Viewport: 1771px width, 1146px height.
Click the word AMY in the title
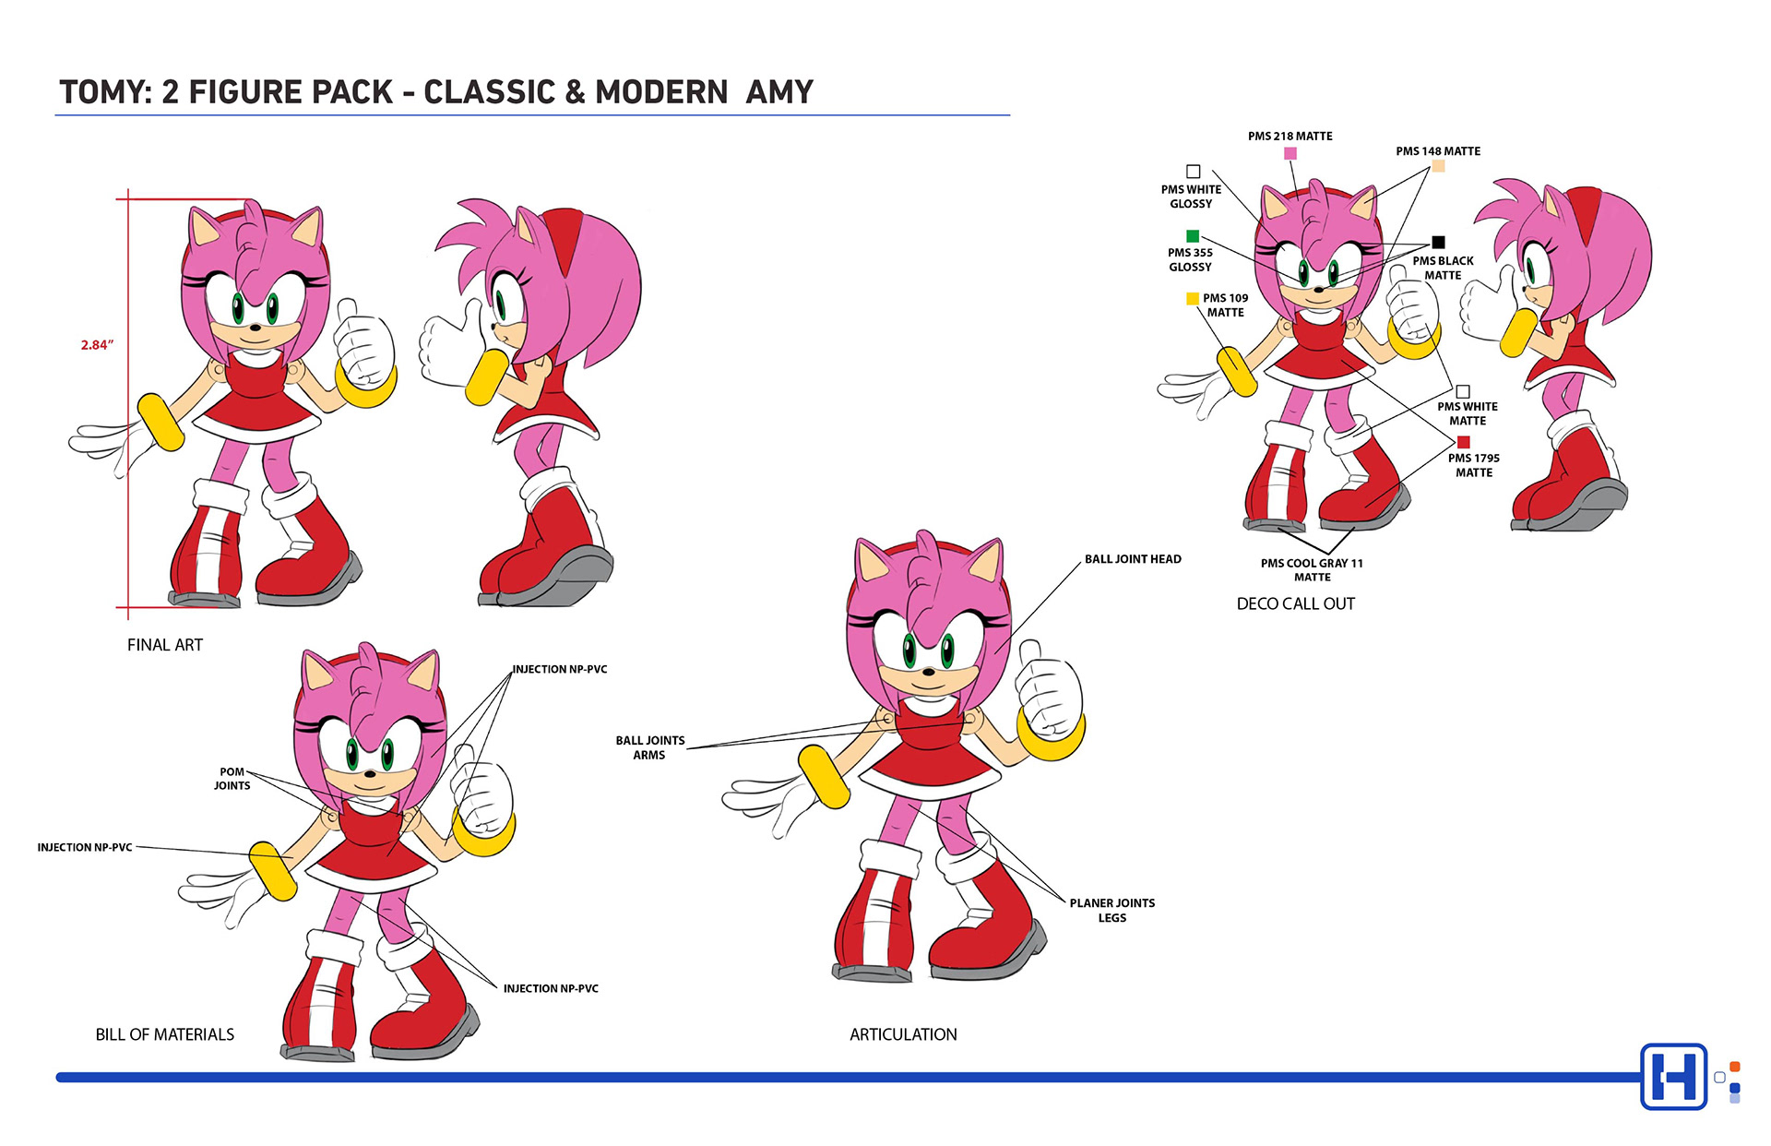tap(779, 92)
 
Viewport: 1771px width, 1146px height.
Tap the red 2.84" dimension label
tap(97, 345)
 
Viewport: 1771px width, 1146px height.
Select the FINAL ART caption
tap(165, 645)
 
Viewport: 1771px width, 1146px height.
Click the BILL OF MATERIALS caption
tap(165, 1034)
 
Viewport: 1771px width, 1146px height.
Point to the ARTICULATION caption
tap(903, 1034)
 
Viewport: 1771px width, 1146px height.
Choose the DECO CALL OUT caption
tap(1295, 603)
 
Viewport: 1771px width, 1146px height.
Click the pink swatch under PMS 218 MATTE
tap(1290, 153)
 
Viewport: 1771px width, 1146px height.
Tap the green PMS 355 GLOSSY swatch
tap(1193, 236)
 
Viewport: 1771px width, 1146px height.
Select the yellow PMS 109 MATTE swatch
tap(1193, 298)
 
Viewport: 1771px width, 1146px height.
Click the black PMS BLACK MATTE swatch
tap(1438, 243)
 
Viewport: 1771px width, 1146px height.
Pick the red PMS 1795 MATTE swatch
tap(1463, 442)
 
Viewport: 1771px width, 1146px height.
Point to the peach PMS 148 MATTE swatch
tap(1438, 166)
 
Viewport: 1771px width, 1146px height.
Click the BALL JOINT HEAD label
tap(1133, 559)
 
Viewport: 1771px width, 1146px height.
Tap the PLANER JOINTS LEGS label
tap(1111, 910)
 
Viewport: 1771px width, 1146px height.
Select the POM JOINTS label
tap(232, 779)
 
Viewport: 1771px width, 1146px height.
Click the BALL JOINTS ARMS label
tap(649, 747)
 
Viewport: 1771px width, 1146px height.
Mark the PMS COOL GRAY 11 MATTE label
tap(1312, 569)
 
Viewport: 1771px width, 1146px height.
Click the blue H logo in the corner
tap(1673, 1076)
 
